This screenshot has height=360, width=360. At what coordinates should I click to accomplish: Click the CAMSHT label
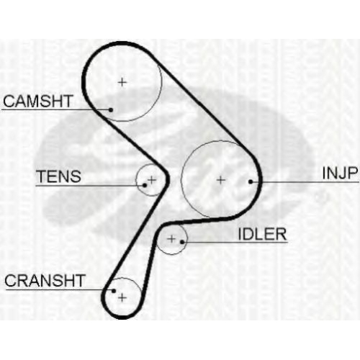point(38,101)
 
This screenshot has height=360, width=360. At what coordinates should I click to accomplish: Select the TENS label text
point(58,176)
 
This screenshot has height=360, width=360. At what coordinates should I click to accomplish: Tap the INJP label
point(340,173)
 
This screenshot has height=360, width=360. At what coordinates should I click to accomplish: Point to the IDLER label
point(262,234)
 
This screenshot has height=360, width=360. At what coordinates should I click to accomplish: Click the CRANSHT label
point(45,281)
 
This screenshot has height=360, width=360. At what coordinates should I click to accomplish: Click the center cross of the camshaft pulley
point(122,82)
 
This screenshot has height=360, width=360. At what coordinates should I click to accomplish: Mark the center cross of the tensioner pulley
point(152,179)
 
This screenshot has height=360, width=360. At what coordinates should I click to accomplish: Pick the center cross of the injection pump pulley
point(221,180)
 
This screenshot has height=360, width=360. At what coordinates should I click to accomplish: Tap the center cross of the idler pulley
point(171,238)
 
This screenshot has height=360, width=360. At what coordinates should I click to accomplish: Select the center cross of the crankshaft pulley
point(122,298)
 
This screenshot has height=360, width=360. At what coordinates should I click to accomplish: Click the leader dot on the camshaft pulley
point(111,110)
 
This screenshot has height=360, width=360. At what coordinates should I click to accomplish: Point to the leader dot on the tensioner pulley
point(145,185)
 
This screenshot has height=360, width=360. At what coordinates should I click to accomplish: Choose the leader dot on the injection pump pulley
point(251,182)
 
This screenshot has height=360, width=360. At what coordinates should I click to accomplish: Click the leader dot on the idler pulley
point(182,242)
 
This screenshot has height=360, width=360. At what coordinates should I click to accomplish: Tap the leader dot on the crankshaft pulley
point(114,291)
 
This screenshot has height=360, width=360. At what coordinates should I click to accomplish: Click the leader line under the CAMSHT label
point(56,110)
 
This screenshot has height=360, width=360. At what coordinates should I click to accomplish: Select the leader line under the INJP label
point(305,182)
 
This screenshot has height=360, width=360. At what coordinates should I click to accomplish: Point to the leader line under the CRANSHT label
point(60,290)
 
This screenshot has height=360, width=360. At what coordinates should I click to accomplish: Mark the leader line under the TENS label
point(90,186)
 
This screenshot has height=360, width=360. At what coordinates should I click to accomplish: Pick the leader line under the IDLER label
point(235,242)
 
